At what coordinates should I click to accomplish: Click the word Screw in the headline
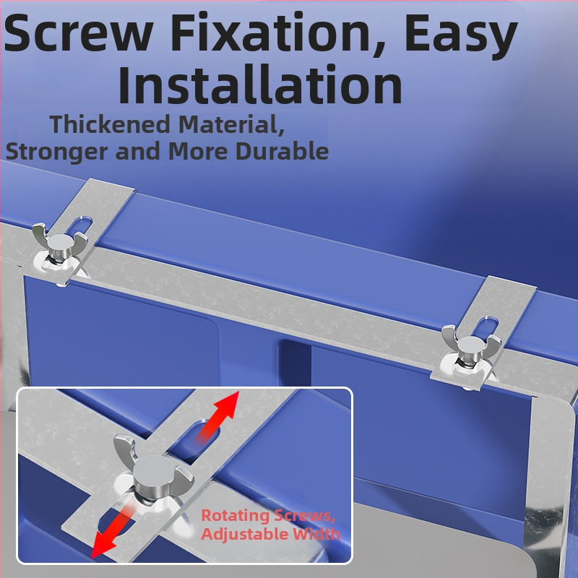(78, 33)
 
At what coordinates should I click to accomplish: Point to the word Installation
(260, 84)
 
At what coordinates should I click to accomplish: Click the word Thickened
(110, 124)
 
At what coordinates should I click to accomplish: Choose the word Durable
(282, 150)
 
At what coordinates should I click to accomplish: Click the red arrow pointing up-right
(217, 417)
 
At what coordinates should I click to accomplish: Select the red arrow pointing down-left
(112, 530)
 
